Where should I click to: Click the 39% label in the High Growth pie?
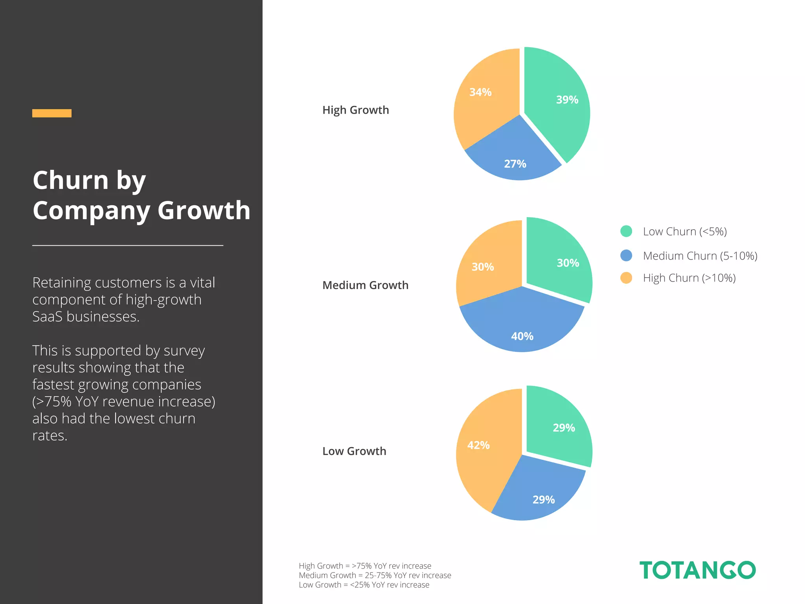pos(567,100)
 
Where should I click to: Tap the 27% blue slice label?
pos(515,164)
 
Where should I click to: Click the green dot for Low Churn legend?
pos(626,231)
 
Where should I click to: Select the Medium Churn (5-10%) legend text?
pos(700,256)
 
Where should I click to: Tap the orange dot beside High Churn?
pos(626,278)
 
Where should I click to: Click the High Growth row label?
pos(355,110)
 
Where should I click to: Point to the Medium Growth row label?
pos(365,285)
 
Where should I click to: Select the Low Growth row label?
pos(354,451)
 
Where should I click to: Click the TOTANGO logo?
pos(697,570)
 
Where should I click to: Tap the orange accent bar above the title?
pos(52,113)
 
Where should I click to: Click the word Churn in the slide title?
pos(71,180)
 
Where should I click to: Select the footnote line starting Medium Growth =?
pos(375,575)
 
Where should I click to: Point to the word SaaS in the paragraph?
pos(47,317)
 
